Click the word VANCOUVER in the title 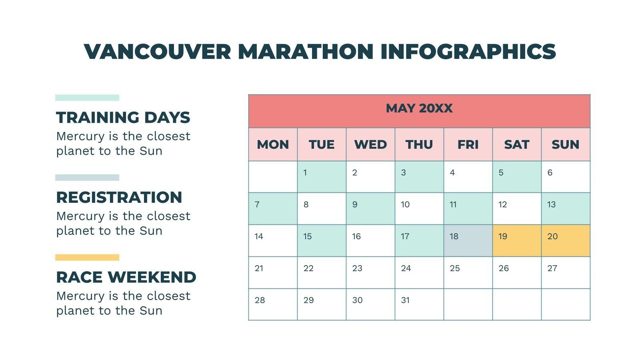158,52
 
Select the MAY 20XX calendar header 419,108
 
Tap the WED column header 370,144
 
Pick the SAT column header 517,144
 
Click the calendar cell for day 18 468,240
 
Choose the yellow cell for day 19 517,240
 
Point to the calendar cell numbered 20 566,240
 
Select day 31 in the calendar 419,304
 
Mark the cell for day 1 322,177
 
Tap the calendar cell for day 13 566,208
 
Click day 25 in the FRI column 468,272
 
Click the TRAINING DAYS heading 123,118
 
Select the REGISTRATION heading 119,197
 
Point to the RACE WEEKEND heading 126,277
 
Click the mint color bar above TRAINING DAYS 87,98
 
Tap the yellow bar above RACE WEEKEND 87,258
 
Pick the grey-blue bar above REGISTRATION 87,178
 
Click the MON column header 273,144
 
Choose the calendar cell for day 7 273,208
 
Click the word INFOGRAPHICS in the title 468,52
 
